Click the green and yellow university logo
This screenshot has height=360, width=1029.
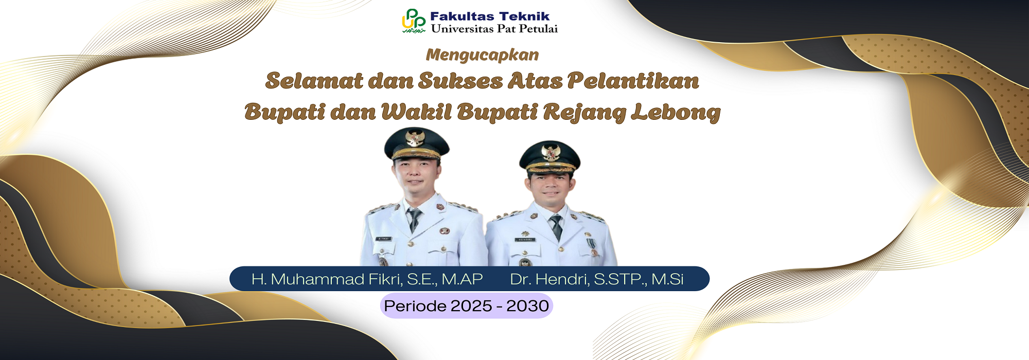(414, 21)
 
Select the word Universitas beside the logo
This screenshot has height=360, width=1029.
(462, 29)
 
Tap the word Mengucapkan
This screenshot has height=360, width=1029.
(482, 55)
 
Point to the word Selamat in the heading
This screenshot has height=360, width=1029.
(314, 81)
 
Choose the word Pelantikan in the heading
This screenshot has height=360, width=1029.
(633, 81)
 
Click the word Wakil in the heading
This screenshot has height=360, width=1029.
(416, 112)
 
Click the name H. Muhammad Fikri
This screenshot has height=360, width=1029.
(327, 279)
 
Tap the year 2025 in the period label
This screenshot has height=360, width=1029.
(471, 306)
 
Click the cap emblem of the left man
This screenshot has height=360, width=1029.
(415, 138)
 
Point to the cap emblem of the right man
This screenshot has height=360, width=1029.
(551, 152)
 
